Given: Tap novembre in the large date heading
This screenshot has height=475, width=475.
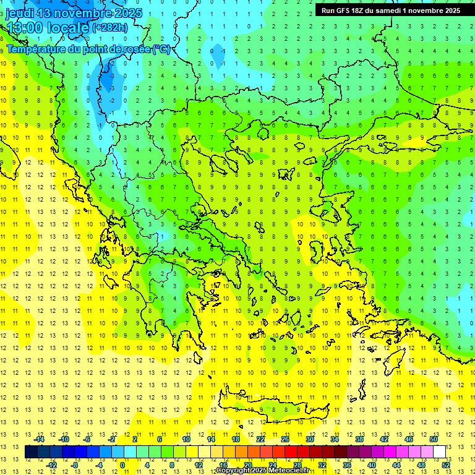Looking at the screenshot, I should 82,12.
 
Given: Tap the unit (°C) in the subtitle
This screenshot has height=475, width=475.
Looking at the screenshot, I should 161,49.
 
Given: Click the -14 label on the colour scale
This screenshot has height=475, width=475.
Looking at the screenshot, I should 40,439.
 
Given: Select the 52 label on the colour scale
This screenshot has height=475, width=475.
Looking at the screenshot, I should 447,465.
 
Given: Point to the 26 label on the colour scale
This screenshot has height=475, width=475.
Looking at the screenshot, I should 285,439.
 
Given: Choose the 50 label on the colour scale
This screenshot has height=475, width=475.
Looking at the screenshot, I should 433,439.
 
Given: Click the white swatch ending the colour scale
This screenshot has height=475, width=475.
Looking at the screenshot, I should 440,452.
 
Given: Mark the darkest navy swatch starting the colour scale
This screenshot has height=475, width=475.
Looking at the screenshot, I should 31,452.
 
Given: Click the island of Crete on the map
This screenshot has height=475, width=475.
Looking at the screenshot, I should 278,410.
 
